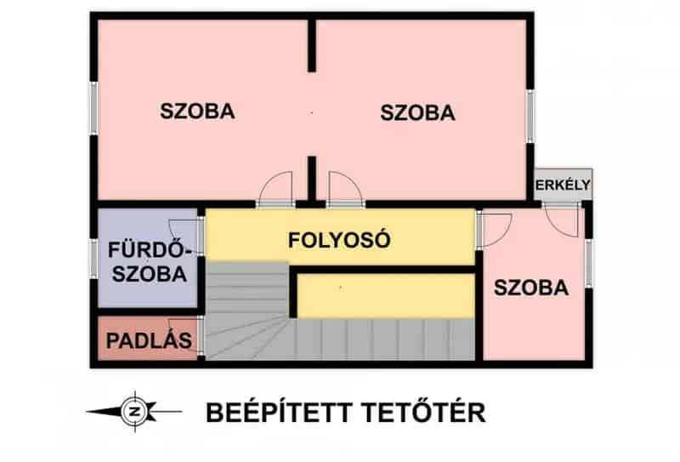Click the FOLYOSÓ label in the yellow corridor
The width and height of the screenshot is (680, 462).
(x=339, y=239)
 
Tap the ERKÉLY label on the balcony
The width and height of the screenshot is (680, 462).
(x=563, y=186)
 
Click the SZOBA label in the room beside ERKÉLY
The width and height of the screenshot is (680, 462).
(x=531, y=288)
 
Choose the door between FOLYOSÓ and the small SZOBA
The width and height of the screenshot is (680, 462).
(x=494, y=229)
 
